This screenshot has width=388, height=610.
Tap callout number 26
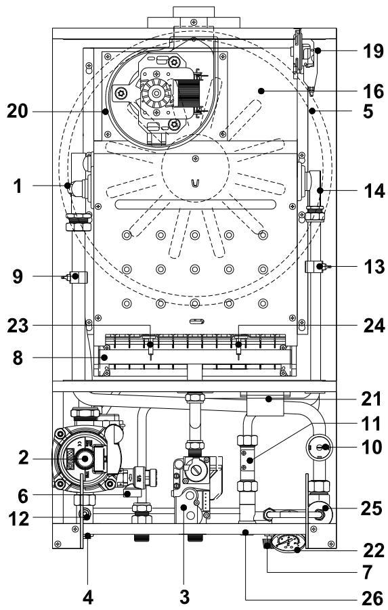(x=370, y=598)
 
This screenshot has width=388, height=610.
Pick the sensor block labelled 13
(x=316, y=267)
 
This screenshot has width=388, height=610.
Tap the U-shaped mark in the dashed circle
(x=195, y=183)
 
